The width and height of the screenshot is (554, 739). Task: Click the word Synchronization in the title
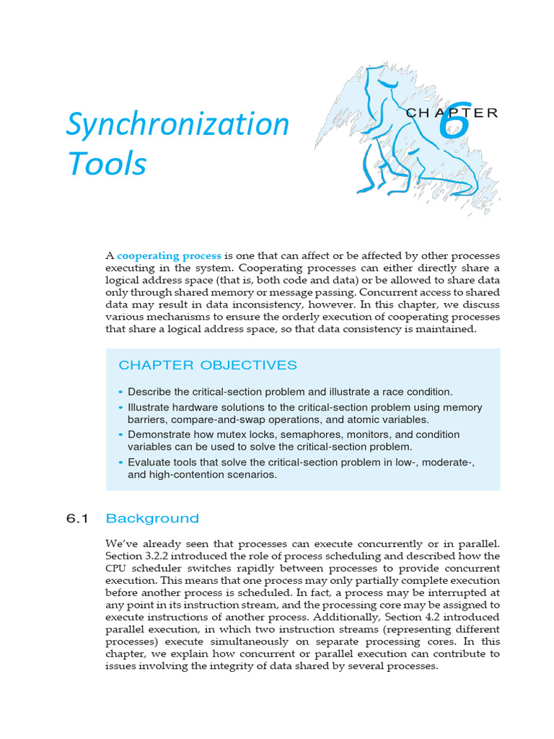177,126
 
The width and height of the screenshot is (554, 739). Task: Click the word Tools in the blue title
107,164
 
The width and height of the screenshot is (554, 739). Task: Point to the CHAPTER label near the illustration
452,113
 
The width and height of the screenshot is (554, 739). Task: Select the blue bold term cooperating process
169,256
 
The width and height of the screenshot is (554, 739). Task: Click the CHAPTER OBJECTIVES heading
207,365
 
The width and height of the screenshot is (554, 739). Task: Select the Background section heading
152,518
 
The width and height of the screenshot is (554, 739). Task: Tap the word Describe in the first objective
149,392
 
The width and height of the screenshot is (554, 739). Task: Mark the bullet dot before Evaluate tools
120,462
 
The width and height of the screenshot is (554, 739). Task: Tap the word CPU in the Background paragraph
117,567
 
